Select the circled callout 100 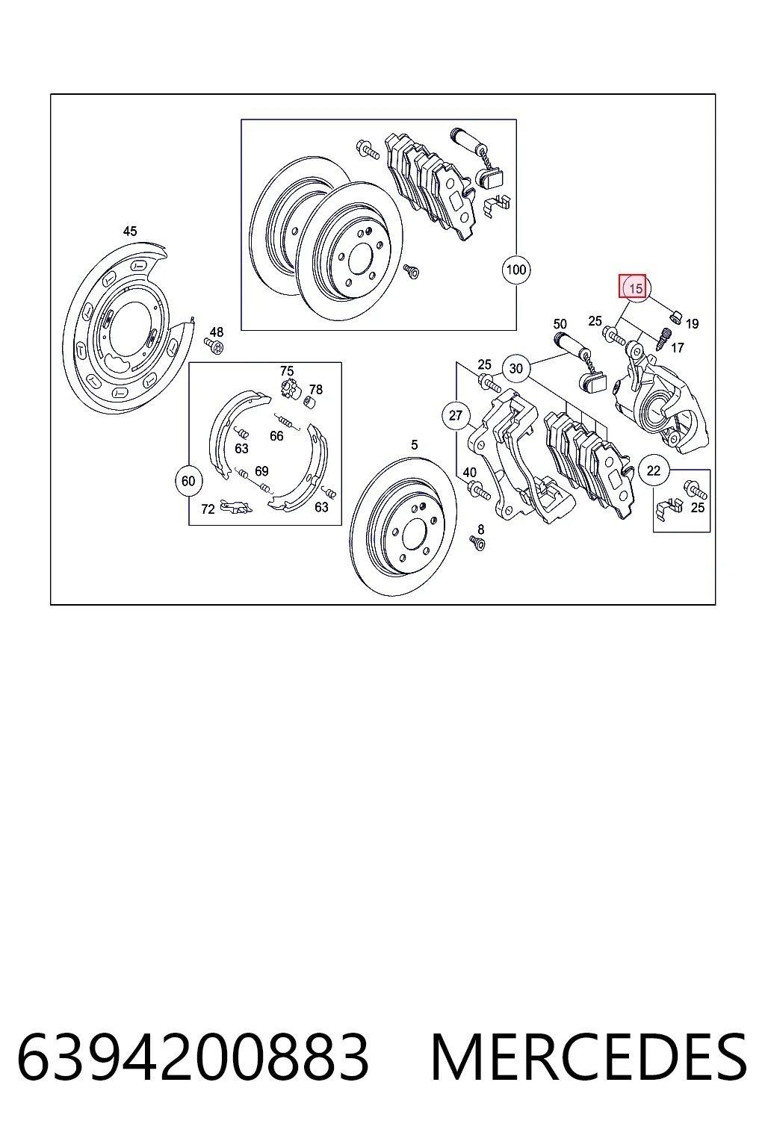516,270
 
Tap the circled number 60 188,481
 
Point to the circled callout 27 456,415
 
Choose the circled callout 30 516,368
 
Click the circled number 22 653,470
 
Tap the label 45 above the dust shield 130,231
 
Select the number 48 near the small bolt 216,332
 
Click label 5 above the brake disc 415,445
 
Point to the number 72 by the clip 208,509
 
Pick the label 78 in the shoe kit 316,390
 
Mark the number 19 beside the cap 692,323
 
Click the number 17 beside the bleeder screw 678,348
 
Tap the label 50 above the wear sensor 560,324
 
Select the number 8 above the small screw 480,529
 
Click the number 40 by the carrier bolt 469,473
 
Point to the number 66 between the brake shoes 276,436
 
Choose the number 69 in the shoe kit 261,471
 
